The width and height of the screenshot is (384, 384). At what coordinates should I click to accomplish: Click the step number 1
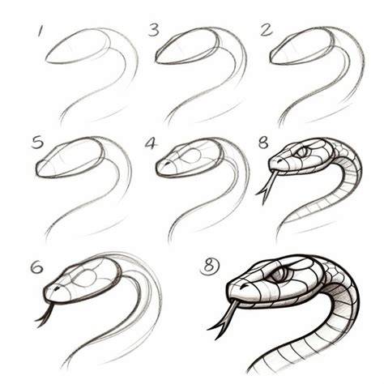pos(41,31)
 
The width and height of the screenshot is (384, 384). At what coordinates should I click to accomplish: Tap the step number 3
pos(154,30)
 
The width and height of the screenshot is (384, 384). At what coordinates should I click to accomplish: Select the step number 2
pos(267,30)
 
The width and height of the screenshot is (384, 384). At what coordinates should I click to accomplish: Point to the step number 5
pos(37,143)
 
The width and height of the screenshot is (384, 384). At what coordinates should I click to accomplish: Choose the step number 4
pos(150,143)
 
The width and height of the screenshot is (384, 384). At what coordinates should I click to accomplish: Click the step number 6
pos(36,268)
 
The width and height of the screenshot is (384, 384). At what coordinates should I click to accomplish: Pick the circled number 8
pos(210,266)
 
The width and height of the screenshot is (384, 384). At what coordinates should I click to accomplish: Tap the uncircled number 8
pos(263,143)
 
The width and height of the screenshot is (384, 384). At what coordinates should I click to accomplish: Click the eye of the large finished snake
pos(280,275)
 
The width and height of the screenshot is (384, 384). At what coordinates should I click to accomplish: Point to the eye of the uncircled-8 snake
pos(301,151)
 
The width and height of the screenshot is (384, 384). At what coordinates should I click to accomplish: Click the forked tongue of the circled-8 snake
pos(224,318)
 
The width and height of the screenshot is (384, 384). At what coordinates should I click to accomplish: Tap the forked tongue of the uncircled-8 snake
pos(267,187)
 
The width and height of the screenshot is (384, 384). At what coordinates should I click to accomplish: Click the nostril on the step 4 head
pos(168,163)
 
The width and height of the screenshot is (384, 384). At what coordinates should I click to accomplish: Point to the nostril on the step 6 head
pos(58,288)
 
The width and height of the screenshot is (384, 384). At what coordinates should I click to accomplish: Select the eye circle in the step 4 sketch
pos(191,156)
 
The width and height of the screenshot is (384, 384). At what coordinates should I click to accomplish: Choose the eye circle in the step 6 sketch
pos(86,278)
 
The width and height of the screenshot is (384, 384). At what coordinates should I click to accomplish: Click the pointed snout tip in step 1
pos(46,61)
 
